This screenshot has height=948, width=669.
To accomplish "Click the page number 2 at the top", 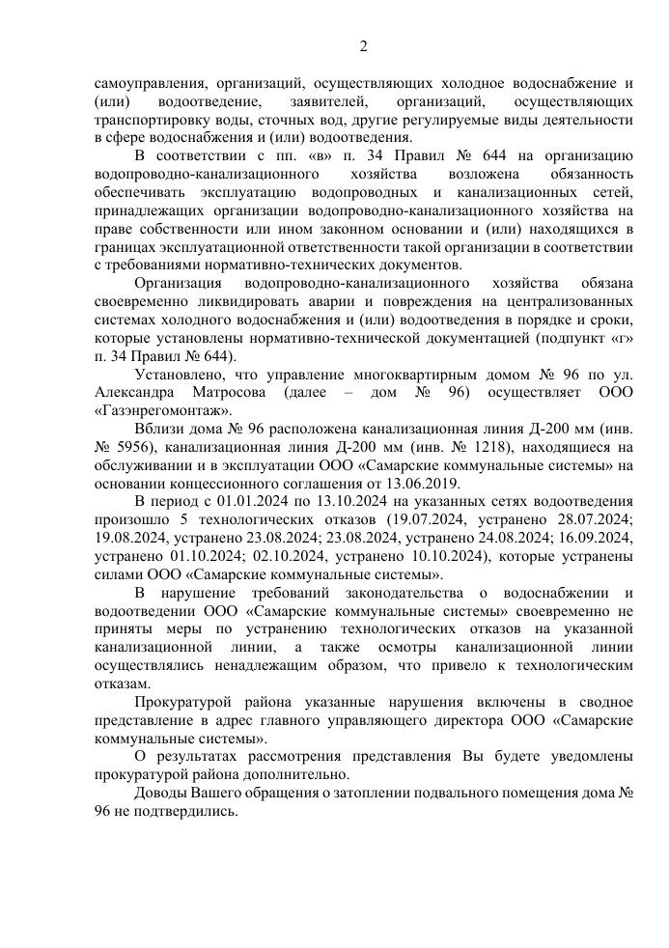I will pyautogui.click(x=364, y=45).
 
